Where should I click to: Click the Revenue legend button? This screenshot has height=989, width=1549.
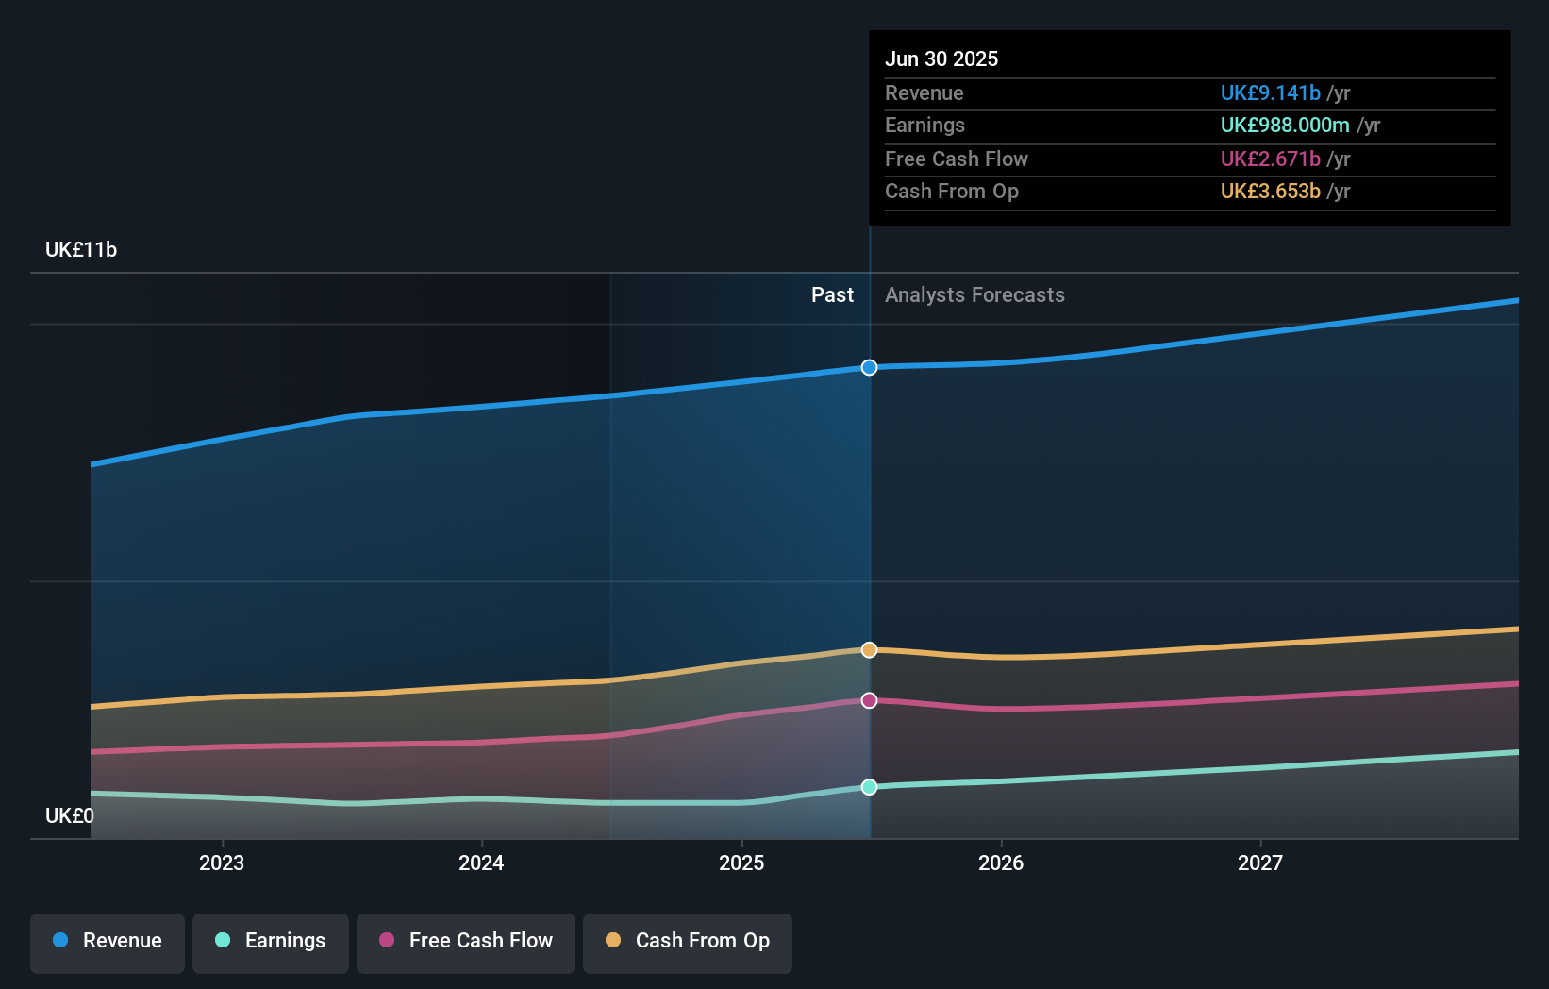[x=108, y=941]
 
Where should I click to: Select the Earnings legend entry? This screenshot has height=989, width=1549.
[x=271, y=941]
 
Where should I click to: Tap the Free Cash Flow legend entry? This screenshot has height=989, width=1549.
[x=466, y=941]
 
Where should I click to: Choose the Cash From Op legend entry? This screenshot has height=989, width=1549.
[x=688, y=941]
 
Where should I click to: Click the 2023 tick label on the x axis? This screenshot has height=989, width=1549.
[x=222, y=863]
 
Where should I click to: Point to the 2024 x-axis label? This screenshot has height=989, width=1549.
[x=481, y=863]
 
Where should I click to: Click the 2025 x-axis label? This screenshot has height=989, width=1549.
[x=741, y=863]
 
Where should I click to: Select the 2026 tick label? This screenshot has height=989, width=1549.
[x=1001, y=863]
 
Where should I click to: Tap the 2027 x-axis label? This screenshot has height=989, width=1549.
[x=1260, y=863]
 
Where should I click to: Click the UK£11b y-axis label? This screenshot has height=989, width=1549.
[x=81, y=249]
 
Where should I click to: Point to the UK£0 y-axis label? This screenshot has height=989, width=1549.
[x=70, y=815]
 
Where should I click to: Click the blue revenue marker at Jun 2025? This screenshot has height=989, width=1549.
[x=869, y=367]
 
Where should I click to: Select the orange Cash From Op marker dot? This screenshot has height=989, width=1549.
[x=869, y=650]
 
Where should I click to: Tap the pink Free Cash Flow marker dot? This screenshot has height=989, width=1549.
[x=869, y=700]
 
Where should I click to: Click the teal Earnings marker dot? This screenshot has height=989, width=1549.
[x=869, y=787]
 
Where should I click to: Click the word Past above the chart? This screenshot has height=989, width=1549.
[x=832, y=295]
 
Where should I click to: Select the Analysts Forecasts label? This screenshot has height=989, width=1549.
[x=974, y=295]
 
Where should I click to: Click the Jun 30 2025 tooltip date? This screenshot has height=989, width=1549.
[x=941, y=59]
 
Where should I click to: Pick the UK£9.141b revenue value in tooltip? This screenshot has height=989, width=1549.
[x=1270, y=92]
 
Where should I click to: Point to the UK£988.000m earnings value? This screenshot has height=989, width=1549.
[x=1285, y=125]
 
